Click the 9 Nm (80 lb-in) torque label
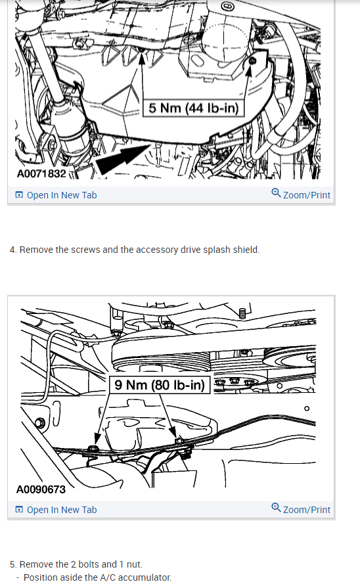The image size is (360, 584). point(160,384)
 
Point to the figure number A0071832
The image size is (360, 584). point(41,173)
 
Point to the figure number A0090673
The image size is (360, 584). point(41,489)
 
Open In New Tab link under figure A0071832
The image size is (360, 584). point(61,195)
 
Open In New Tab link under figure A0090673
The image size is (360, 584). point(61,510)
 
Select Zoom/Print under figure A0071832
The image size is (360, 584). point(306,195)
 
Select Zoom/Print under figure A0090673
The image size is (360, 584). point(306,510)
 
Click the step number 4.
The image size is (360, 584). point(12,250)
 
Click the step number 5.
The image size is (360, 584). point(12,564)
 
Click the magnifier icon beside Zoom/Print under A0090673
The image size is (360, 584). point(276,509)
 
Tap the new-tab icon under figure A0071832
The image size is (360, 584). point(19,195)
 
